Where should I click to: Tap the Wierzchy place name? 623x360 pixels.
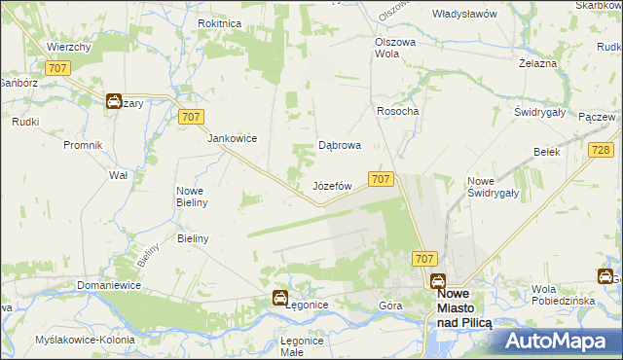click(x=68, y=47)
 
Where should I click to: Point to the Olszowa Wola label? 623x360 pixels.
click(x=395, y=48)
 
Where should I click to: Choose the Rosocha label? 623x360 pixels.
click(x=397, y=111)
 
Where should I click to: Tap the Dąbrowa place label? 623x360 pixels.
click(x=341, y=146)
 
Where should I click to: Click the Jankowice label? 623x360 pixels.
click(x=232, y=138)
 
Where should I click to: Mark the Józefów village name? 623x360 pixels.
click(x=331, y=185)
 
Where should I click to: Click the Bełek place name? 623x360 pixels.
click(x=545, y=152)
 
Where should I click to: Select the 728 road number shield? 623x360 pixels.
click(x=601, y=149)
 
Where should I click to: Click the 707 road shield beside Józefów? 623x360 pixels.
click(x=381, y=179)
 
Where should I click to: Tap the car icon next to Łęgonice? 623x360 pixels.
click(x=279, y=299)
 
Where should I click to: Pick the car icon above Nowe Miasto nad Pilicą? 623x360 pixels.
click(x=439, y=280)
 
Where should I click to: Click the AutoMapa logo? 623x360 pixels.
click(x=561, y=341)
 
